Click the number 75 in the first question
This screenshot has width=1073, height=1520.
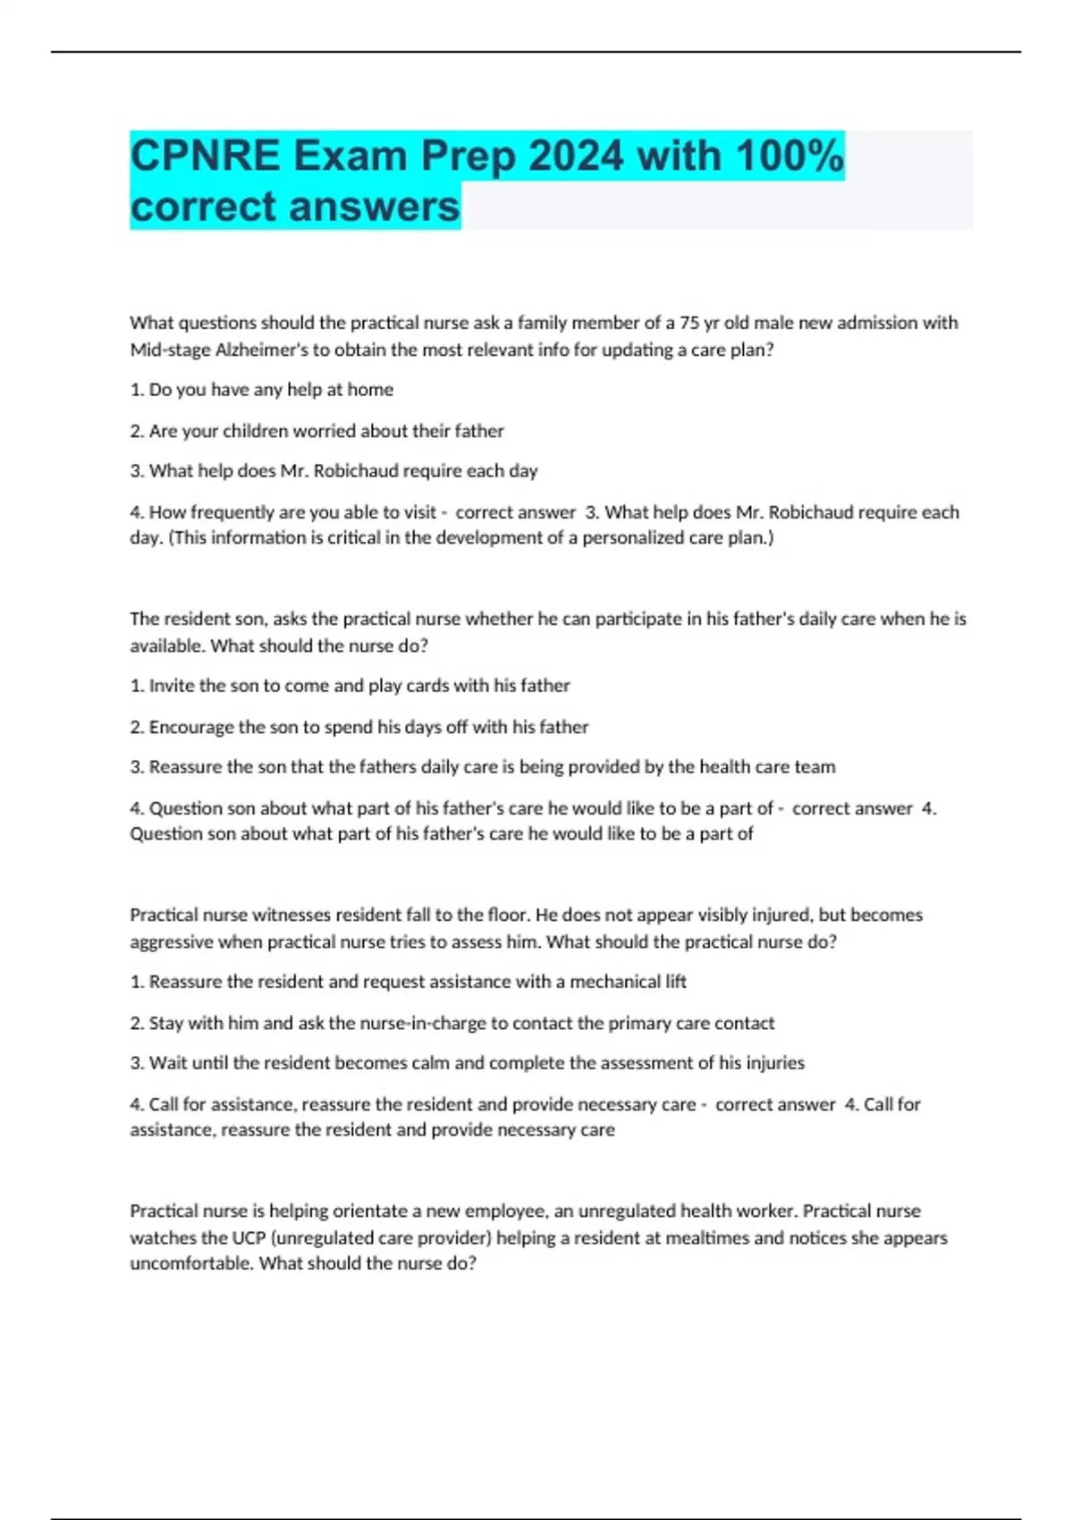(x=690, y=323)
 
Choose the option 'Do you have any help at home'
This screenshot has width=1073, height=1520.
(x=271, y=390)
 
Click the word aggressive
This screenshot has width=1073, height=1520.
(x=171, y=942)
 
